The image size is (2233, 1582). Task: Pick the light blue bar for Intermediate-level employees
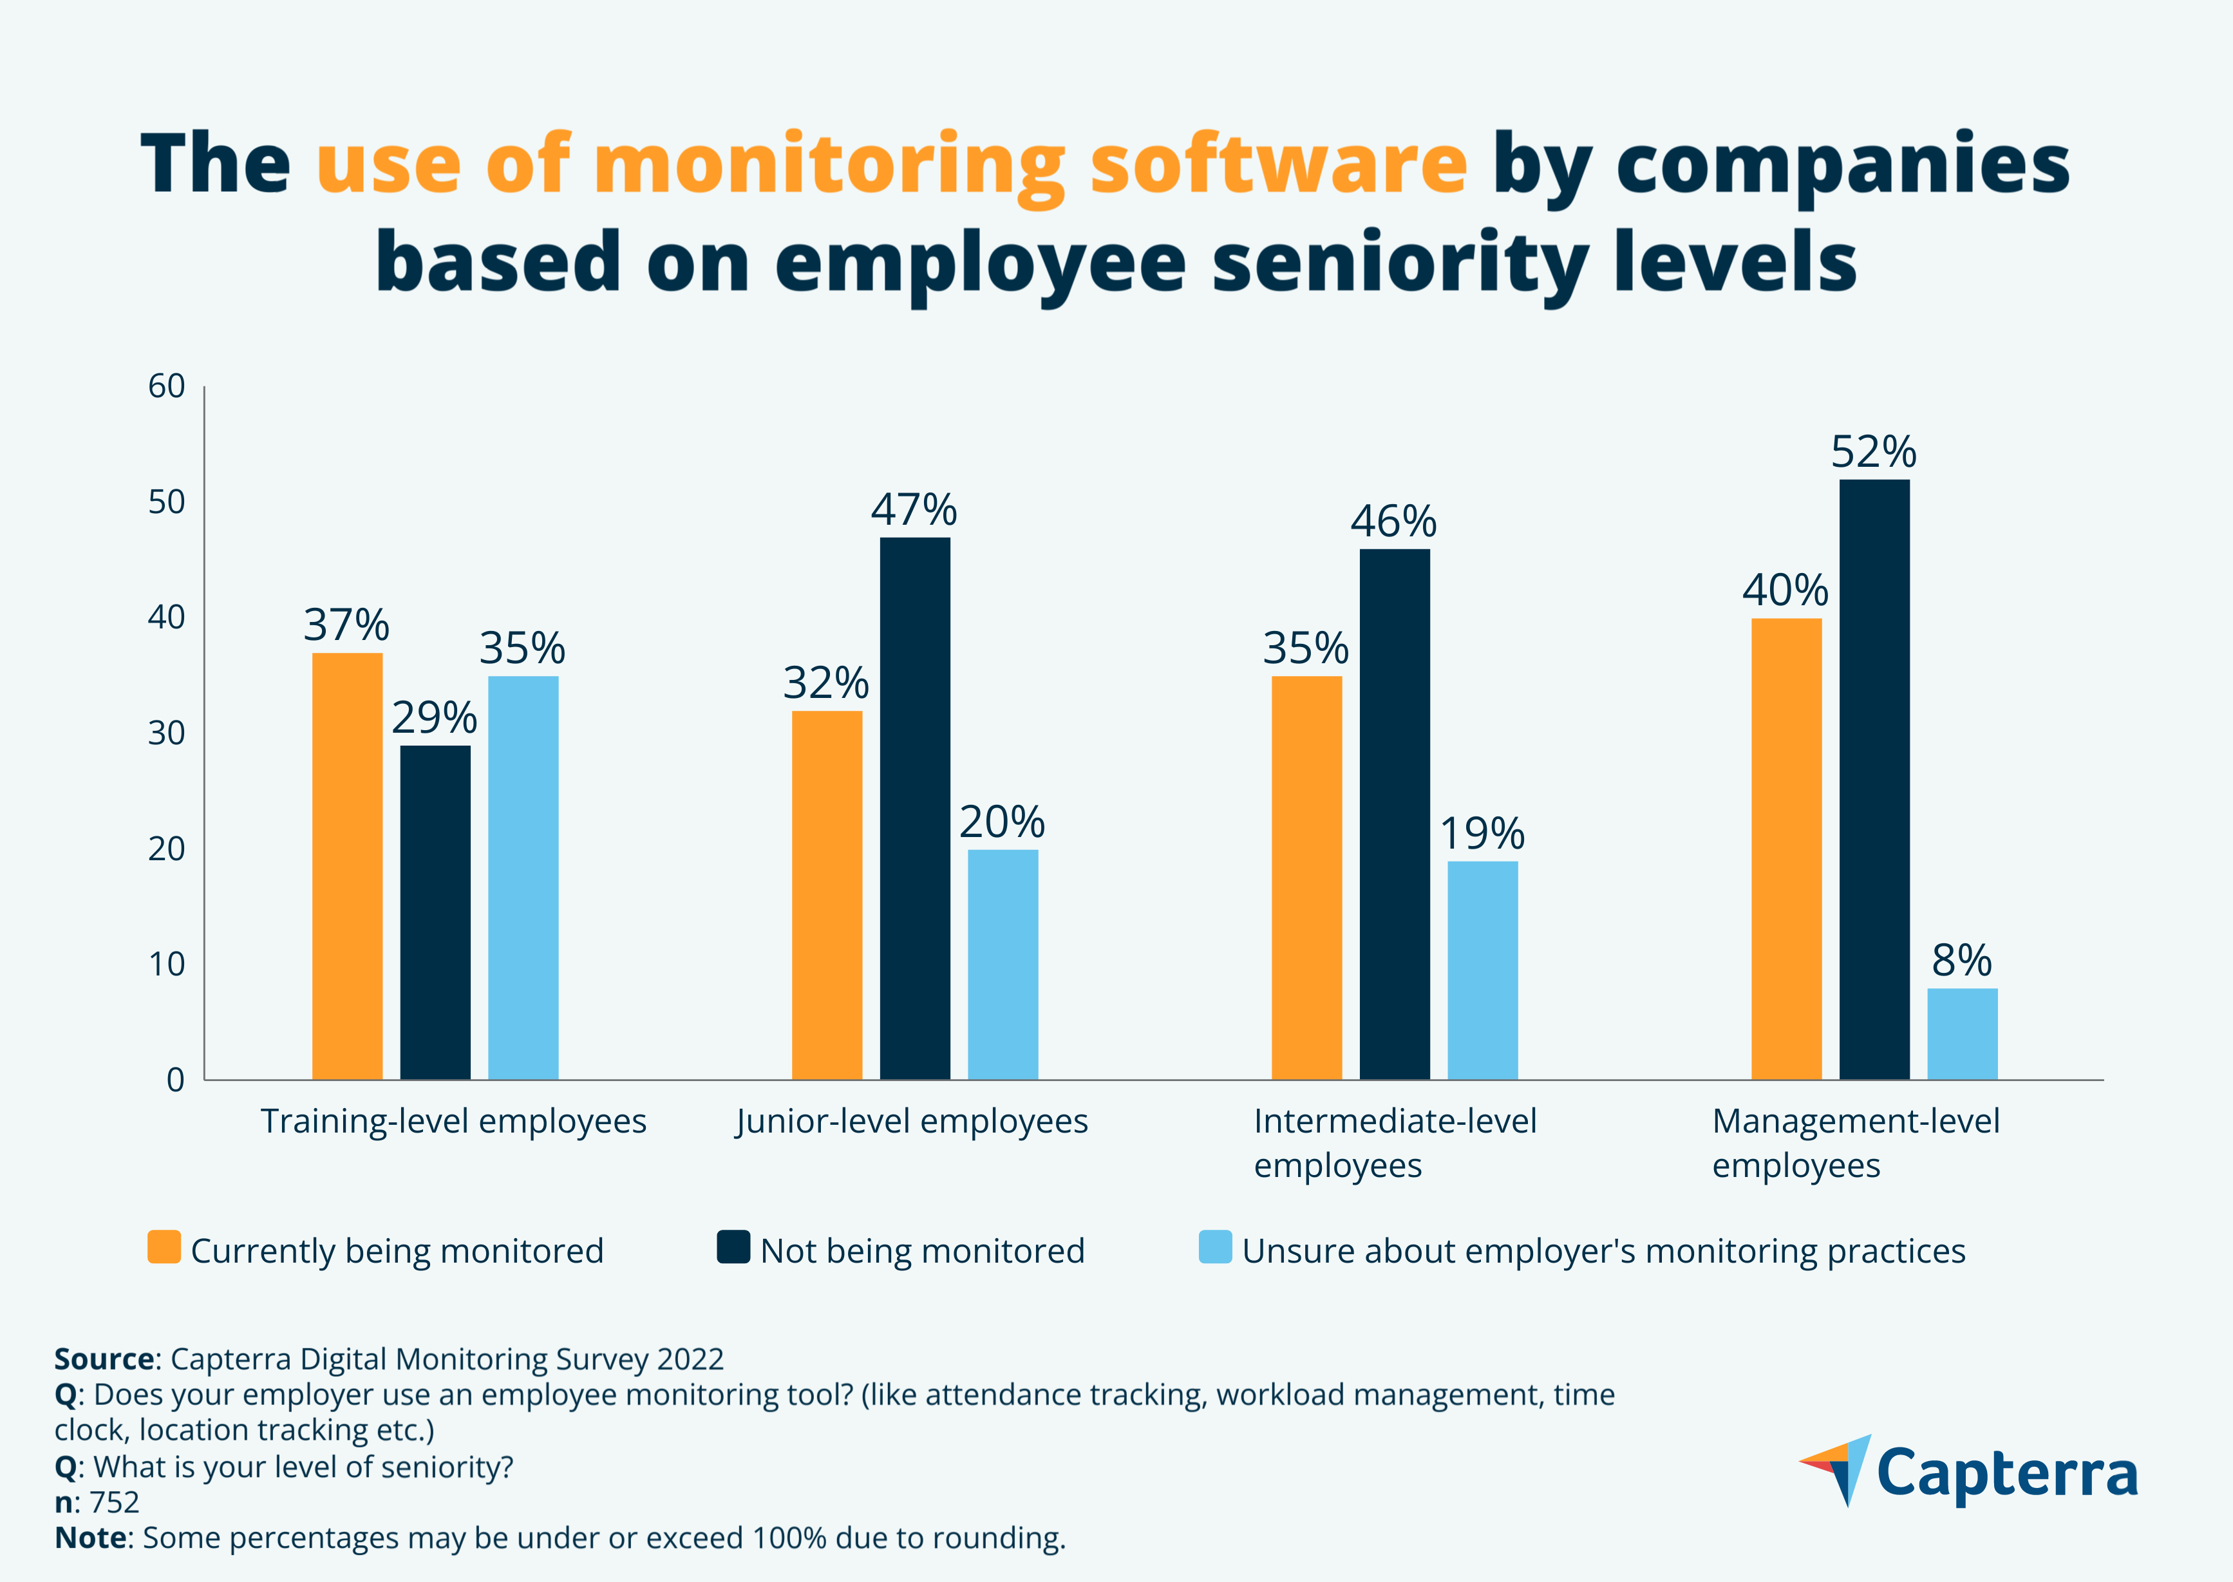pyautogui.click(x=1482, y=969)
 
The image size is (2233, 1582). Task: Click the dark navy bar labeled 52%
pyautogui.click(x=1874, y=778)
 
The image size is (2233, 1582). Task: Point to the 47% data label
pyautogui.click(x=914, y=509)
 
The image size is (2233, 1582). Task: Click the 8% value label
pyautogui.click(x=1961, y=961)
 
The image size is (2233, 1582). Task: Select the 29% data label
pyautogui.click(x=435, y=718)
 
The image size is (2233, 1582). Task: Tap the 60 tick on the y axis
pyautogui.click(x=167, y=387)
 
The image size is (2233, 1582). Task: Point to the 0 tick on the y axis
pyautogui.click(x=175, y=1079)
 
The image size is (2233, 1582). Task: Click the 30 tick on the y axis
pyautogui.click(x=167, y=733)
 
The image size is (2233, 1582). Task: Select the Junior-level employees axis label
pyautogui.click(x=912, y=1121)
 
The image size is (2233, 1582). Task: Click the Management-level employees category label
pyautogui.click(x=1855, y=1143)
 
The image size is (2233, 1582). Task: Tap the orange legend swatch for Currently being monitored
pyautogui.click(x=164, y=1247)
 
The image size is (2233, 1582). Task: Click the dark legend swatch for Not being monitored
pyautogui.click(x=733, y=1247)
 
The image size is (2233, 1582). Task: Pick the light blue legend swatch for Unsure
pyautogui.click(x=1215, y=1247)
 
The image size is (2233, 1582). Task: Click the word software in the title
pyautogui.click(x=1278, y=164)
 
